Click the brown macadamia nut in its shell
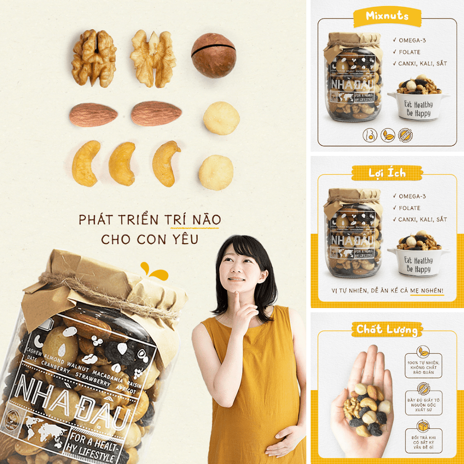click(x=214, y=55)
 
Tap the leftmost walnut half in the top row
click(x=94, y=58)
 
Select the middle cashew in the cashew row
click(x=122, y=163)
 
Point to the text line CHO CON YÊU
click(x=150, y=239)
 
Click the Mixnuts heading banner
click(x=387, y=16)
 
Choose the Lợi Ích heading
click(x=387, y=173)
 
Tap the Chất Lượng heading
click(x=387, y=329)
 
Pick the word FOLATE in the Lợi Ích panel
click(x=410, y=208)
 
